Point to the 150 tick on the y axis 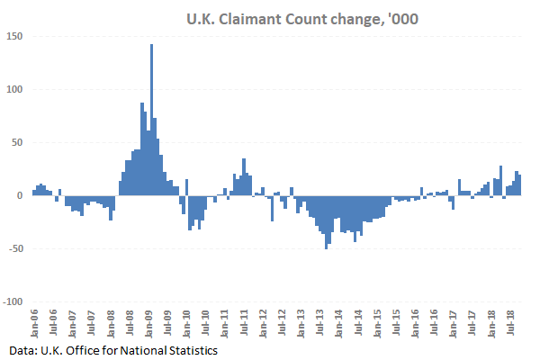pos(14,36)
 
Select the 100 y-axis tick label pos(14,89)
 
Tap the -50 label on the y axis pos(14,248)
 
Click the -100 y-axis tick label pos(13,301)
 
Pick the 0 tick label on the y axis pos(20,195)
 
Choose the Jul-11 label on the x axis pos(244,321)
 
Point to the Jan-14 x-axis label pos(339,321)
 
